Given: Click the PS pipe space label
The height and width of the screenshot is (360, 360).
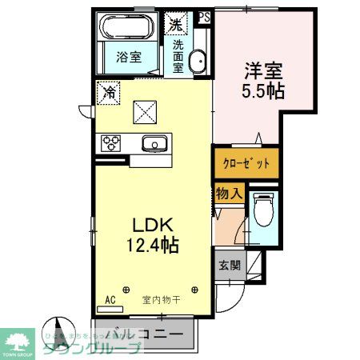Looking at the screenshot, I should [x=204, y=16].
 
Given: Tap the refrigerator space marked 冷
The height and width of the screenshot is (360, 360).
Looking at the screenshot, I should [x=106, y=93].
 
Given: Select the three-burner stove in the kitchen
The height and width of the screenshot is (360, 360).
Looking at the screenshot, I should [x=110, y=143].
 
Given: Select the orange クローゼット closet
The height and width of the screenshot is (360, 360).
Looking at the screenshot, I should [x=246, y=163].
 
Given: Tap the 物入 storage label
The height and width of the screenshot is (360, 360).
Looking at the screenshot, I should [x=229, y=194].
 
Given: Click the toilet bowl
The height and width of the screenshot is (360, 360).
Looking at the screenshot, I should [x=262, y=211].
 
